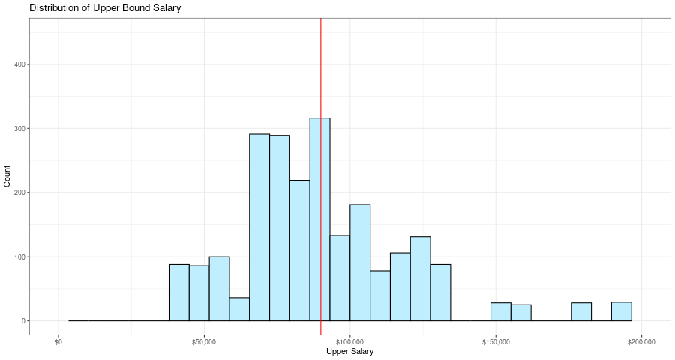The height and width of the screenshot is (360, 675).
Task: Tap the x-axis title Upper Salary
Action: pos(349,351)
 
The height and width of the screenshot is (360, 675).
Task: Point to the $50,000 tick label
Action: pos(204,342)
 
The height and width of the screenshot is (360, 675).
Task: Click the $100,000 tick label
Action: pos(349,342)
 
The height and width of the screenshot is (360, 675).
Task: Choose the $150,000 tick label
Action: pos(496,342)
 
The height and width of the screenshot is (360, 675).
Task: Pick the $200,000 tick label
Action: pos(641,342)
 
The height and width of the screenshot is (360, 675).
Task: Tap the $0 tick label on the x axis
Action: pos(58,342)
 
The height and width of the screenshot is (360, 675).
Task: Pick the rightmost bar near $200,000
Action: pos(621,311)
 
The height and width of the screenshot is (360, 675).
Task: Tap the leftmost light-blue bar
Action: pos(178,292)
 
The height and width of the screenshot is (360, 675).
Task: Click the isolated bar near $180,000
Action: pos(580,312)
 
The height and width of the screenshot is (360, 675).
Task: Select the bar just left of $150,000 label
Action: pos(500,312)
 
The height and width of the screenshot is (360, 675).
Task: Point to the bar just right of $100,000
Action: pos(360,262)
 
